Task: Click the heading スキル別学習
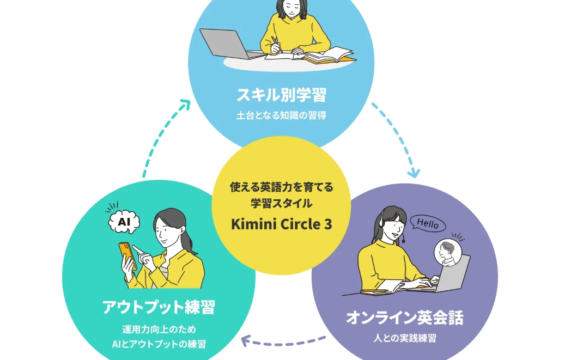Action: coord(281,95)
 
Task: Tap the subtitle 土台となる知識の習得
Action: coord(281,115)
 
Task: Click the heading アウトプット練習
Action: coord(159,307)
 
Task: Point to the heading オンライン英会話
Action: coord(404,318)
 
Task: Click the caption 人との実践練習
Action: coord(404,338)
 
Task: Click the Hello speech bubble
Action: coord(427,223)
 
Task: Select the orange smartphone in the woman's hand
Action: coord(126,254)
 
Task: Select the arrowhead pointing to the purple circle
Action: coord(414,173)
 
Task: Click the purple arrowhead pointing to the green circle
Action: coord(246,342)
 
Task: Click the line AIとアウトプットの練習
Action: coord(159,344)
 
